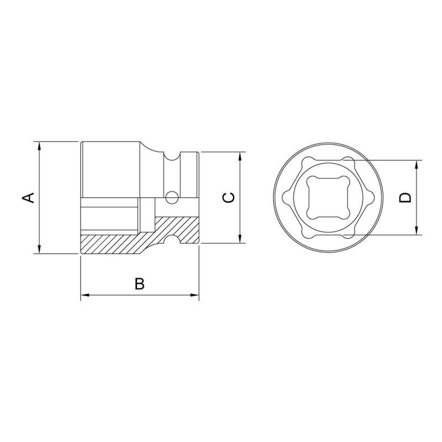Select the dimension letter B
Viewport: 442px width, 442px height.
pos(140,283)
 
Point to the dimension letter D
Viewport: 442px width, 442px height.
pos(406,198)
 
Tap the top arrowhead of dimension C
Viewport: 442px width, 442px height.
pos(240,156)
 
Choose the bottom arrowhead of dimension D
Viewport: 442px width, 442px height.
pos(416,231)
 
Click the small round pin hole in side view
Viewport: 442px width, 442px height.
pos(172,196)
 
